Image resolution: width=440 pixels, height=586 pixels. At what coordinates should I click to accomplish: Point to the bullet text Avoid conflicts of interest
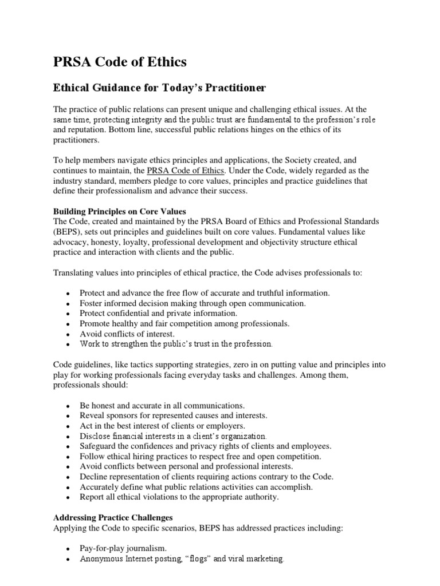click(x=127, y=334)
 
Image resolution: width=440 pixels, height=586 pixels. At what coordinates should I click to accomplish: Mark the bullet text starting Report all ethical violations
click(x=179, y=497)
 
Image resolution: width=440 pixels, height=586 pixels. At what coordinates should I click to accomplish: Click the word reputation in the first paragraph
click(x=89, y=130)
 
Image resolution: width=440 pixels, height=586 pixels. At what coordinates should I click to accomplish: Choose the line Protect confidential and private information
click(x=158, y=313)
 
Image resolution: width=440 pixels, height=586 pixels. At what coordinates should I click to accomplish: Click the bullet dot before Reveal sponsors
click(x=68, y=416)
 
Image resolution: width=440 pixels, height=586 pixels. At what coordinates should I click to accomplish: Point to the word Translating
click(x=74, y=273)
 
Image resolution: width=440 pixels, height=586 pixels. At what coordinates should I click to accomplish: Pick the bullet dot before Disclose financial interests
click(x=68, y=437)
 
